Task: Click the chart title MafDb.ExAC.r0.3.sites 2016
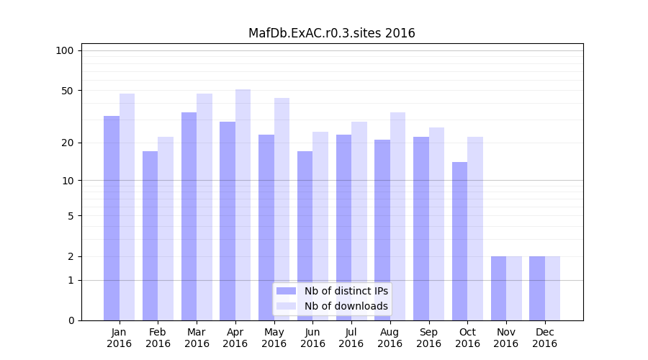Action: (331, 33)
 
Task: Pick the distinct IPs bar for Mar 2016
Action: (189, 216)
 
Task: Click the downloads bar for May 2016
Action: (282, 209)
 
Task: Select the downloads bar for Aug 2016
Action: (398, 216)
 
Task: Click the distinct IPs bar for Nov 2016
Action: (498, 288)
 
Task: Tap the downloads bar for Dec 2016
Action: (552, 288)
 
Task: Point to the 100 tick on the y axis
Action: (65, 50)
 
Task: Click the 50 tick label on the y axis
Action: (68, 91)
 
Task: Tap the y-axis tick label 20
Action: (68, 143)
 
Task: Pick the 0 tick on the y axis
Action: (71, 320)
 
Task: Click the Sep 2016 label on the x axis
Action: (428, 338)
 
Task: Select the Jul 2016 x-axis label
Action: (351, 338)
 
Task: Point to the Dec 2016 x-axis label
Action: (544, 338)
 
